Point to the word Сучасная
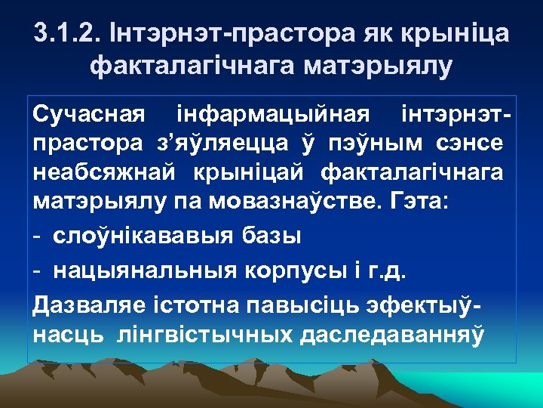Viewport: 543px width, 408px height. tap(88, 116)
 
